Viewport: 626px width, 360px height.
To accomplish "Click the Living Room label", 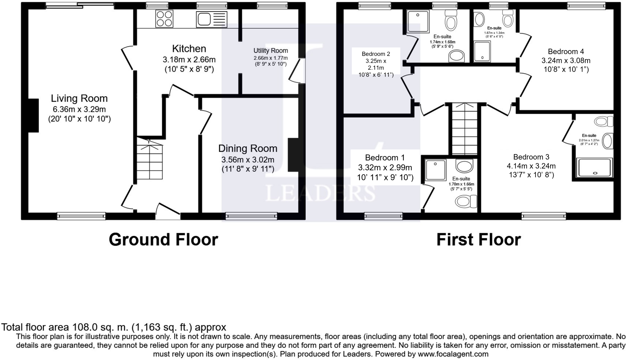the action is pos(79,98).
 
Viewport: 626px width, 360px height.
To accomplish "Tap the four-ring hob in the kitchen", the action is pos(164,19).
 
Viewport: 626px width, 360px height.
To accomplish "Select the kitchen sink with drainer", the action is pos(212,19).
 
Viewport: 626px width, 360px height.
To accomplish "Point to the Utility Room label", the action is pos(271,51).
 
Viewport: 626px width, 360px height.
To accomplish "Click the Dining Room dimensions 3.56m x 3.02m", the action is pos(248,160).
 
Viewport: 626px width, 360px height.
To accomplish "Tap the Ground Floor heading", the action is pos(164,239).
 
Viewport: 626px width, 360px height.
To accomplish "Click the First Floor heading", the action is pos(479,239).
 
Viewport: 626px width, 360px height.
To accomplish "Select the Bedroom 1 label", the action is pos(385,158).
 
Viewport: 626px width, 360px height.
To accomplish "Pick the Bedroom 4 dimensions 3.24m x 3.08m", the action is pos(566,61).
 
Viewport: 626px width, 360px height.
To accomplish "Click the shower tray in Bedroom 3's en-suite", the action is pos(595,167).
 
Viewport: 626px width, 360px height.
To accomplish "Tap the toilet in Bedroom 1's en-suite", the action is pos(466,201).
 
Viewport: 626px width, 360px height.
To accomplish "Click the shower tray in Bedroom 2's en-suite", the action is pos(418,21).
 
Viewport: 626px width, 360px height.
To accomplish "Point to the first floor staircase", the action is pos(465,129).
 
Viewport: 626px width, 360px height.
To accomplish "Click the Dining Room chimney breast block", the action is pos(293,155).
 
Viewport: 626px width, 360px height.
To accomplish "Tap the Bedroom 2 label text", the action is pos(376,54).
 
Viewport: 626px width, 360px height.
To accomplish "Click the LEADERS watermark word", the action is pos(320,193).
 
